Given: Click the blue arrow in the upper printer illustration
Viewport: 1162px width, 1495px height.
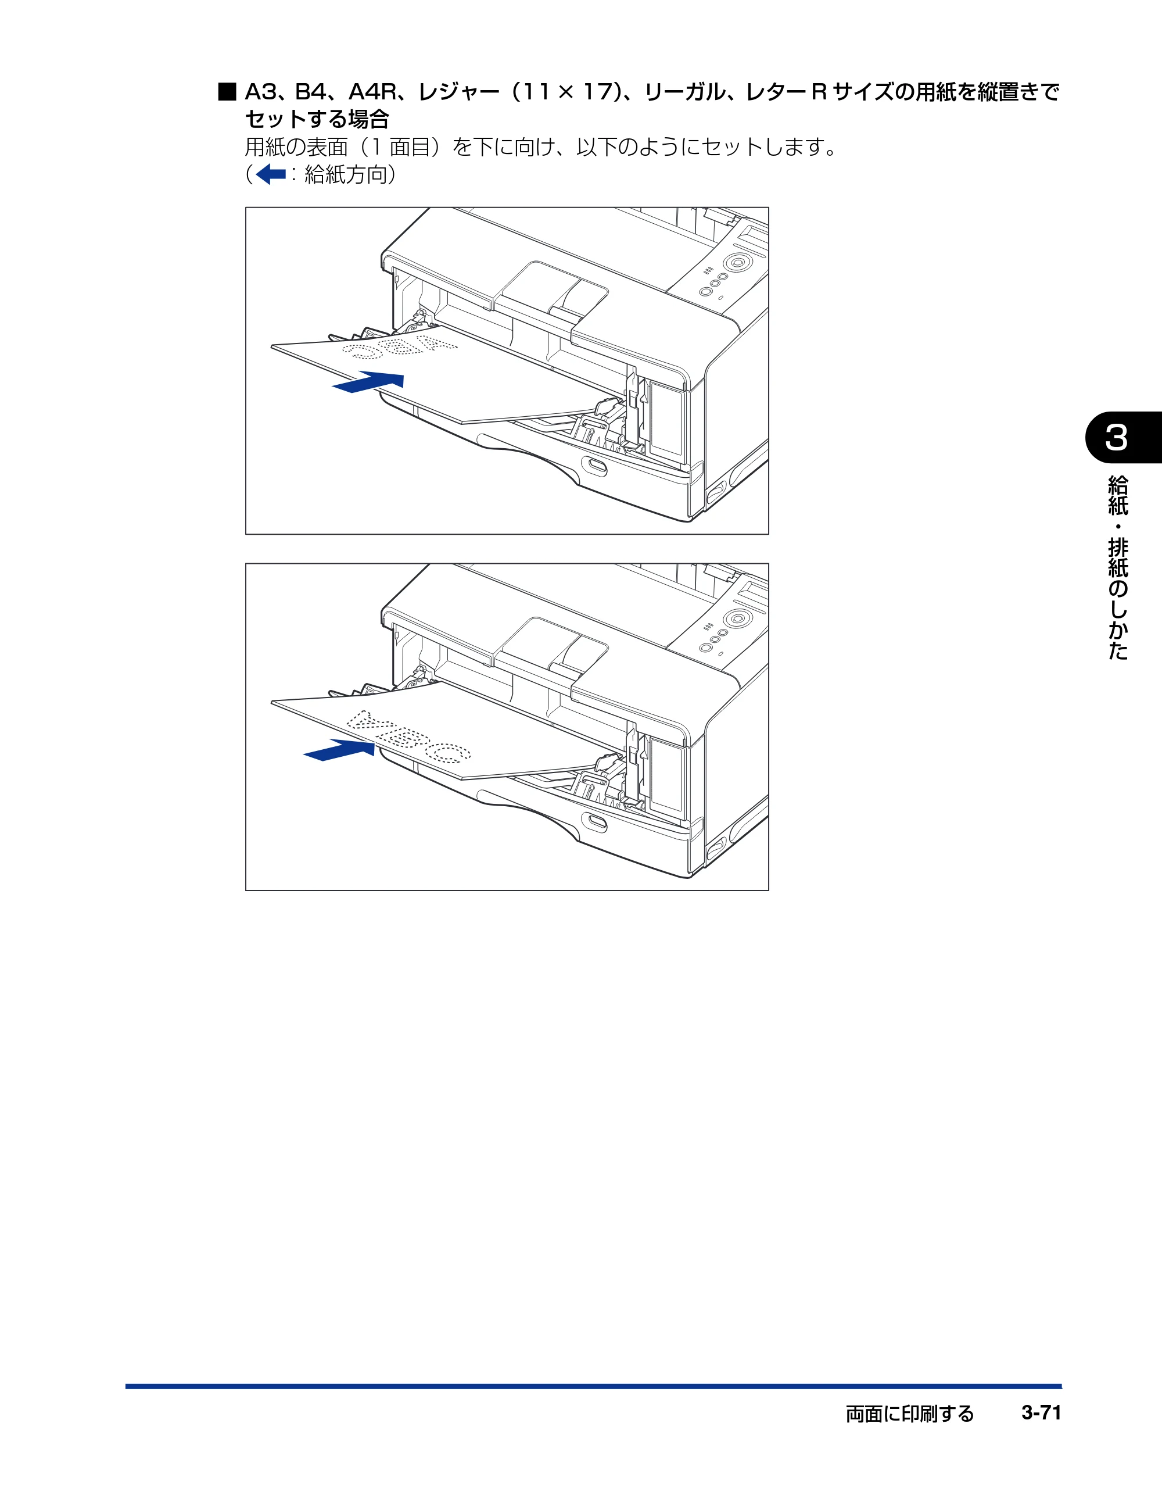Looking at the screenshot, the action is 368,382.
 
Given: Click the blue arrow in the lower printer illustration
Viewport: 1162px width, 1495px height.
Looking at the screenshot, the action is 339,750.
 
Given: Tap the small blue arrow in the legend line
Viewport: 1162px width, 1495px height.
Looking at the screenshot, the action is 270,174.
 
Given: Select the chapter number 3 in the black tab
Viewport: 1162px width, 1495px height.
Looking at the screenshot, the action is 1116,438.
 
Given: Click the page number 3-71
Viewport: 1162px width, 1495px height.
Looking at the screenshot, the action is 1041,1412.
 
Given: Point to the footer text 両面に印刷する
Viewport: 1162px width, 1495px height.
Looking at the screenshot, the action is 909,1414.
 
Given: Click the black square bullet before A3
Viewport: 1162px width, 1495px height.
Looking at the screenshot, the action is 227,92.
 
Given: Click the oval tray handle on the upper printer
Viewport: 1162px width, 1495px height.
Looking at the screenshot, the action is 594,466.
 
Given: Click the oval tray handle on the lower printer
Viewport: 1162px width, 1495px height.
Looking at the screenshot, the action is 594,822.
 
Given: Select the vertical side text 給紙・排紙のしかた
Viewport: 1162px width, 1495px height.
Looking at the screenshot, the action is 1117,567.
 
